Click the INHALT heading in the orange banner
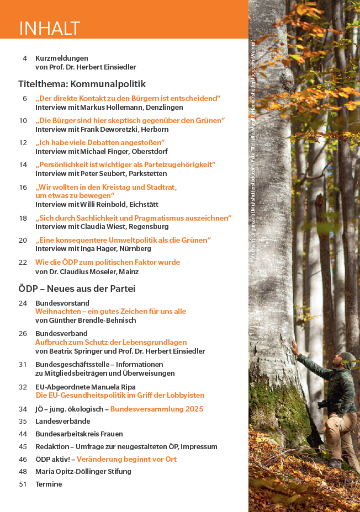pyautogui.click(x=50, y=28)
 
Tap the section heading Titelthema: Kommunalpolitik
pyautogui.click(x=82, y=84)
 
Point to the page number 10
pyautogui.click(x=23, y=120)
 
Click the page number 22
pyautogui.click(x=23, y=262)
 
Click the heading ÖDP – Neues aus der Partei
pyautogui.click(x=77, y=289)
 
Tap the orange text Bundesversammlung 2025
pyautogui.click(x=157, y=409)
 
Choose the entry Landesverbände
pyautogui.click(x=62, y=422)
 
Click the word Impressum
pyautogui.click(x=199, y=446)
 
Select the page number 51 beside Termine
pyautogui.click(x=23, y=484)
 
